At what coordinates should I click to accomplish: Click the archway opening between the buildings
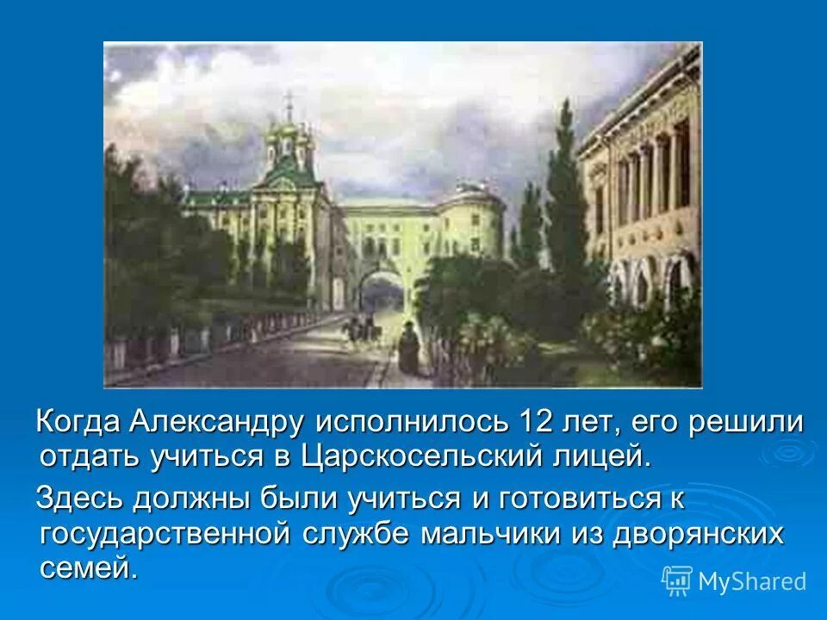tap(382, 293)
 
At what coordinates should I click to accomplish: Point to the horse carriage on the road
tap(361, 326)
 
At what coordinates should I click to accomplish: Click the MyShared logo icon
tap(677, 580)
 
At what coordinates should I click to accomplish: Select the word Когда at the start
tap(79, 423)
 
